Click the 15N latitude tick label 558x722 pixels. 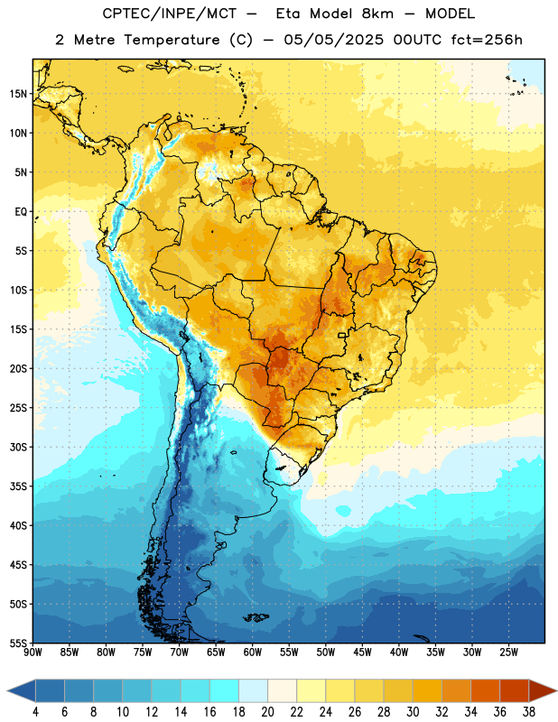click(18, 94)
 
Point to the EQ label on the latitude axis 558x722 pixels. click(21, 212)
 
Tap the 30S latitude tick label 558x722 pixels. click(18, 447)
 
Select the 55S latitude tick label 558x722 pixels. click(18, 643)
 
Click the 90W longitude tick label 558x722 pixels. click(33, 653)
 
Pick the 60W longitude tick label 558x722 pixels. click(253, 653)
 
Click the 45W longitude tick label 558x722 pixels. click(362, 653)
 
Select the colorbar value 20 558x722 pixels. click(267, 712)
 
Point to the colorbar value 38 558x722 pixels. click(529, 712)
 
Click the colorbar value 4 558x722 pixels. click(35, 712)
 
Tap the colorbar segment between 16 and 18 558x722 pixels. click(225, 691)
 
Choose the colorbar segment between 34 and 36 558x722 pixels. click(486, 691)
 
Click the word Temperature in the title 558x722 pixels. click(172, 40)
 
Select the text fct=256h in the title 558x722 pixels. click(487, 40)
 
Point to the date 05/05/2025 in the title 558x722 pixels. click(333, 40)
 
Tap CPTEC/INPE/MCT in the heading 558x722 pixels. click(170, 14)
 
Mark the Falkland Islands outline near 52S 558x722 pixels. click(256, 617)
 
